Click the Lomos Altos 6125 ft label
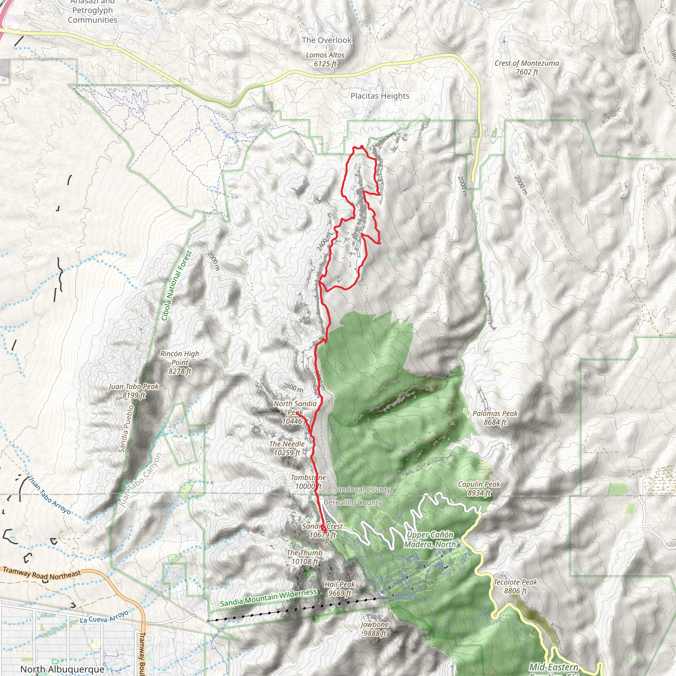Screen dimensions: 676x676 325,59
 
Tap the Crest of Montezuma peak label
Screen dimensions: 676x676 526,68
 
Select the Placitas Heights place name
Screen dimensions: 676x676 380,96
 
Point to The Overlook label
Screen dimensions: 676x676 326,40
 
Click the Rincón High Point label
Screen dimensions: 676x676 180,362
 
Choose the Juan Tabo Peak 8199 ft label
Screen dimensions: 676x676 134,391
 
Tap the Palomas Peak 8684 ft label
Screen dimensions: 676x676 495,418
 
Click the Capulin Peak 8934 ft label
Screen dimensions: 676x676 479,489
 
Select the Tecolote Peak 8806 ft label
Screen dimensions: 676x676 515,587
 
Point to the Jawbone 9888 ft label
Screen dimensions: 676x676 374,629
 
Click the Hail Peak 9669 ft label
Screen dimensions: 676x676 339,589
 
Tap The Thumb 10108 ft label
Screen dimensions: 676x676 304,557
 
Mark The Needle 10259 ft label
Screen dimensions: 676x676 287,448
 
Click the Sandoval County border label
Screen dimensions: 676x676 362,489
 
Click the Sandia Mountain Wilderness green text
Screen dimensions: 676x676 268,598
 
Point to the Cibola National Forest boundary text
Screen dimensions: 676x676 176,286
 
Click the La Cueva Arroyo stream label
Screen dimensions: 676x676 104,617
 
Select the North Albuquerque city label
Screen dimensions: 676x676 62,669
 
